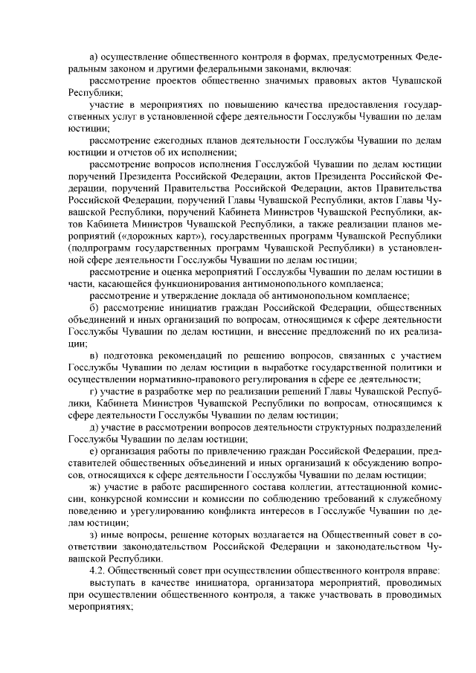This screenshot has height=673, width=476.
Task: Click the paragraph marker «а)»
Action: coord(94,57)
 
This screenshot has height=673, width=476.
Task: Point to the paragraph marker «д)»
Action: coord(94,428)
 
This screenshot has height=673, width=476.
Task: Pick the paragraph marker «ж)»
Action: coord(94,486)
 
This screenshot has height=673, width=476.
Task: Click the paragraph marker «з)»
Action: coord(93,535)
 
